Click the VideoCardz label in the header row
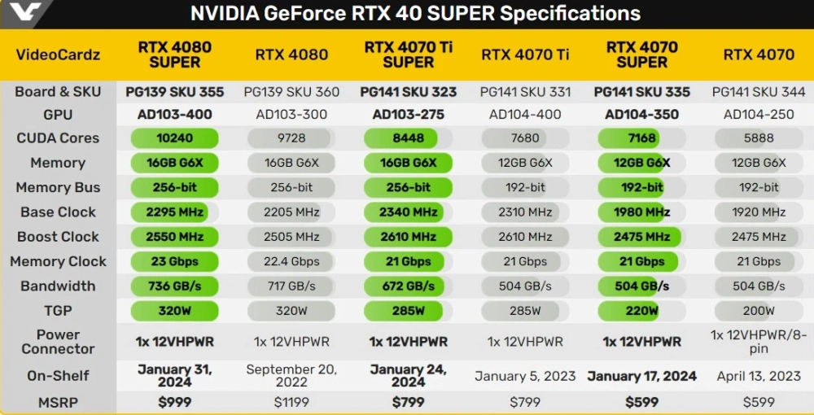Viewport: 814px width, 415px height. (58, 55)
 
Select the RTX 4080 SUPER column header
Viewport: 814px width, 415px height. (174, 55)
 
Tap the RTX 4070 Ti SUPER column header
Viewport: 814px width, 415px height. (408, 55)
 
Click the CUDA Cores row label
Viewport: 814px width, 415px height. (58, 138)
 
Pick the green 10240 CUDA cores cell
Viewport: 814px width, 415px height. (174, 138)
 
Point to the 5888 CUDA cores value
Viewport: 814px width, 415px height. (759, 138)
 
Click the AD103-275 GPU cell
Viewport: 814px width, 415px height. (408, 115)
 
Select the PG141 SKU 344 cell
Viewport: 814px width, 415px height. (759, 92)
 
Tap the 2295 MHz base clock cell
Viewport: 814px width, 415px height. (174, 212)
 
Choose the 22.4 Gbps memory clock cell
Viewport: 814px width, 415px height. (291, 262)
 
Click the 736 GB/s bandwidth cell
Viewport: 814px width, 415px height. (174, 286)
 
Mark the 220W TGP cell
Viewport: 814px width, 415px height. (641, 311)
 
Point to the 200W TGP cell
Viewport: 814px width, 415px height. (759, 311)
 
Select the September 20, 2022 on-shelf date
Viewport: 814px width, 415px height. (291, 376)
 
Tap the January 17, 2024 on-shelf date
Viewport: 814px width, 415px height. (641, 376)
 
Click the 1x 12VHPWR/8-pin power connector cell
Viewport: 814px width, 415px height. (759, 342)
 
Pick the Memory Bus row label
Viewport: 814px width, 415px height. (58, 188)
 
